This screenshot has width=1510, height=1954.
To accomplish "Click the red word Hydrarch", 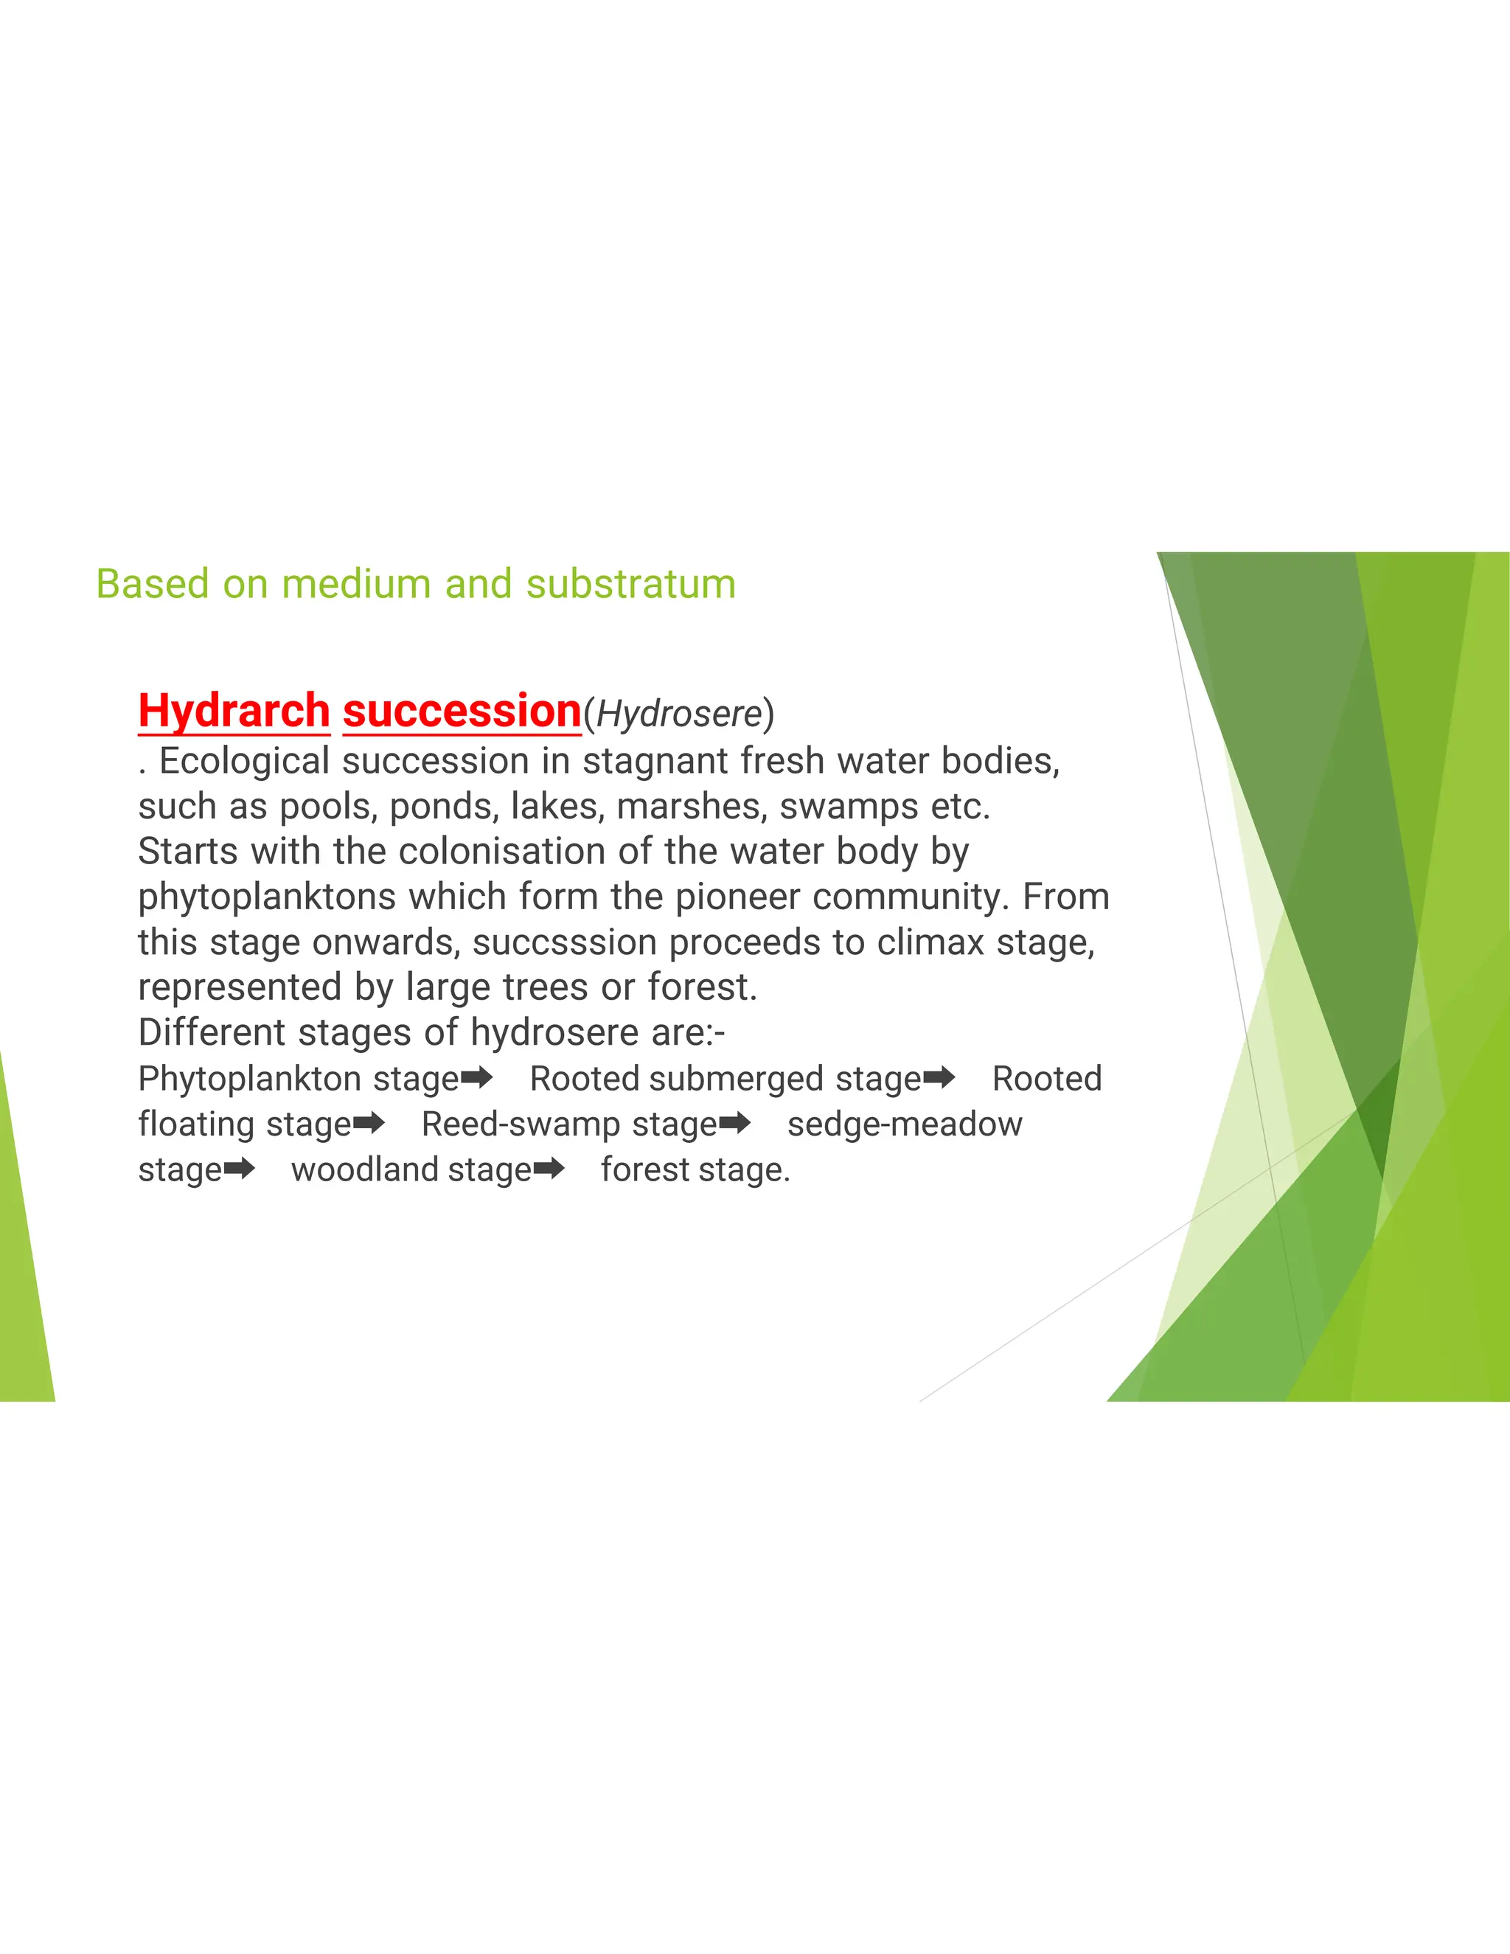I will [234, 712].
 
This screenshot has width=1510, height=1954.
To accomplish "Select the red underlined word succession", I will [462, 712].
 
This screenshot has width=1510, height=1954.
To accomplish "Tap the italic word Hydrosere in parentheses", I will [679, 714].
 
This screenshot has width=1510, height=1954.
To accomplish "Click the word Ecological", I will [244, 762].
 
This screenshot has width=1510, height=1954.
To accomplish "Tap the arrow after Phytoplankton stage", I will [477, 1077].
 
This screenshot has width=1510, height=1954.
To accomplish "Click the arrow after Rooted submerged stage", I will [939, 1077].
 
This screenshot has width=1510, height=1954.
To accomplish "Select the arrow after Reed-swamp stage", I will [734, 1123].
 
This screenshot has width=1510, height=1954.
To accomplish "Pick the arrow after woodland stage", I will [549, 1169].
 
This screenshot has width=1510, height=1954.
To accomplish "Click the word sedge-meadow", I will [905, 1124].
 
